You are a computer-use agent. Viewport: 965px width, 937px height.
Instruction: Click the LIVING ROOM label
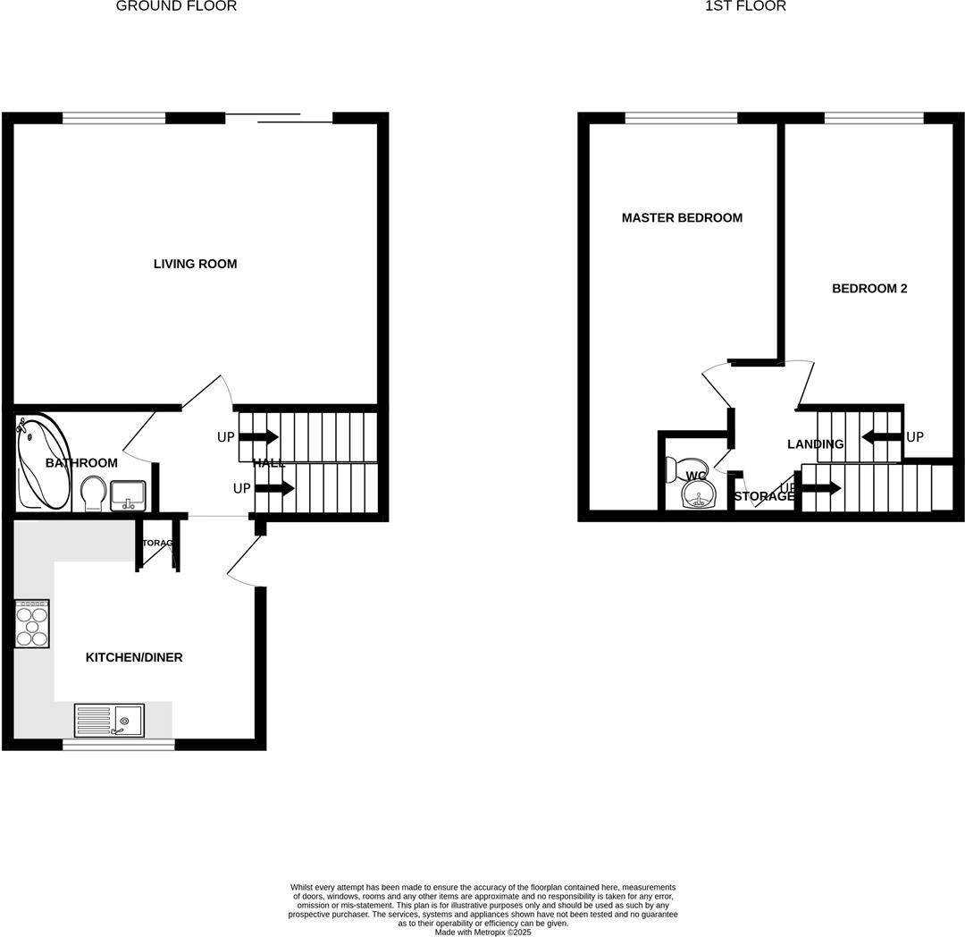click(x=195, y=264)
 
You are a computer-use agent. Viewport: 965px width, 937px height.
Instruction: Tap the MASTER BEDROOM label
click(x=682, y=218)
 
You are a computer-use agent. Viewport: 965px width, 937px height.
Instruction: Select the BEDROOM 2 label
click(x=869, y=289)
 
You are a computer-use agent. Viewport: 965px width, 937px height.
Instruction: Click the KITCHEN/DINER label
click(x=134, y=657)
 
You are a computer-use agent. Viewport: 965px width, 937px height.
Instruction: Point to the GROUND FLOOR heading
click(x=177, y=6)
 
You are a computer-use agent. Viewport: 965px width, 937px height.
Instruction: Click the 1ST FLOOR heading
click(x=745, y=6)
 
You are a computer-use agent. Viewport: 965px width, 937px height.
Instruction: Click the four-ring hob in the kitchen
click(x=32, y=623)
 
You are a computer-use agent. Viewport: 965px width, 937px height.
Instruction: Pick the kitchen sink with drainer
click(x=109, y=720)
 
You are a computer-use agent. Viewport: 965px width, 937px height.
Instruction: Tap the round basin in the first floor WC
click(x=699, y=493)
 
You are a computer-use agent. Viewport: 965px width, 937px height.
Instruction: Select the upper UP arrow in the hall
click(x=259, y=437)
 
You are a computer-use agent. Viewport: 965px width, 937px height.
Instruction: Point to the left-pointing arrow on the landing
click(x=881, y=437)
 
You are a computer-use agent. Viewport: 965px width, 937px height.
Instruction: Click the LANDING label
click(x=815, y=444)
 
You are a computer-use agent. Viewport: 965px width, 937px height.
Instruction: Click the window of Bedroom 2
click(x=873, y=117)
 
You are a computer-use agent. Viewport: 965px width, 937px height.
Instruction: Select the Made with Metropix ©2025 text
click(x=482, y=932)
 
